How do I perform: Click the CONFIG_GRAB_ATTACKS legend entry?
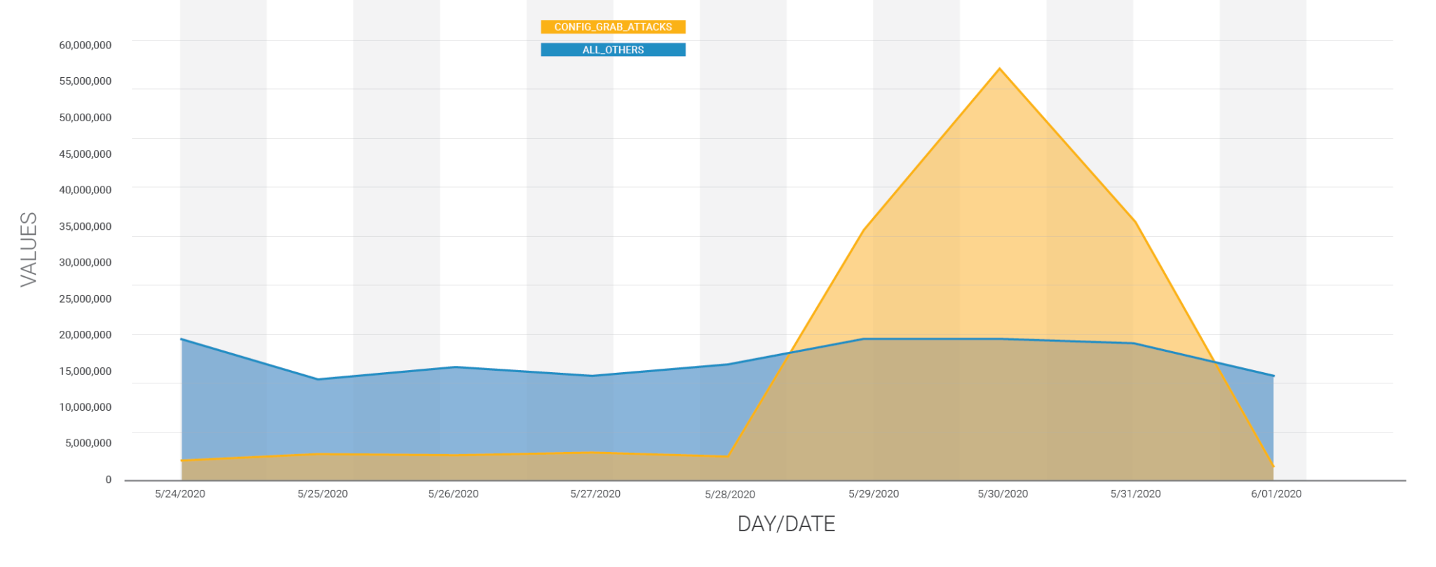(613, 27)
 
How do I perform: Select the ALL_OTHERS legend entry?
(613, 50)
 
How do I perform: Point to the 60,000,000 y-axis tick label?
(85, 45)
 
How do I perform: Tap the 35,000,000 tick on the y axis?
(85, 226)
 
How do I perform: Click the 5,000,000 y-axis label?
(88, 443)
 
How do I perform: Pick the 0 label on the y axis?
(108, 479)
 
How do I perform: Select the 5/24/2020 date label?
(180, 493)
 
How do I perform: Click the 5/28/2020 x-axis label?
(730, 494)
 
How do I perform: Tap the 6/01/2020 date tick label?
(1276, 493)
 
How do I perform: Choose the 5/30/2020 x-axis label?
(1003, 493)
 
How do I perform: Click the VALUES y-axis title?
(29, 249)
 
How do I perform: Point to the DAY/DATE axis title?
(786, 524)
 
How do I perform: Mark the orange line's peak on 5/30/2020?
(1000, 69)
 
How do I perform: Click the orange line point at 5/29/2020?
(864, 229)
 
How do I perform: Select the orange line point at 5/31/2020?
(1134, 221)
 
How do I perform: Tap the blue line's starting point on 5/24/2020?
(182, 339)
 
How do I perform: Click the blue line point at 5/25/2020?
(318, 379)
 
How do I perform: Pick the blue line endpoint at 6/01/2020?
(1273, 376)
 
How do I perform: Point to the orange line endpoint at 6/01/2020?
(1273, 466)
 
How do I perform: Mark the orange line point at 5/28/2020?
(729, 456)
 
